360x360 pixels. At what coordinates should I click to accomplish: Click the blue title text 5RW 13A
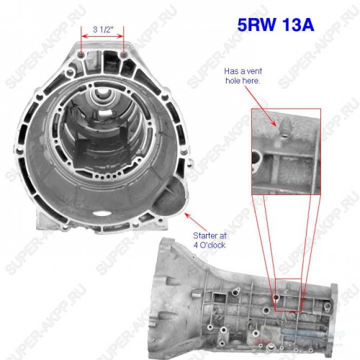[x=276, y=24]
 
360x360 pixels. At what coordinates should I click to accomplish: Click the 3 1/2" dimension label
[x=103, y=30]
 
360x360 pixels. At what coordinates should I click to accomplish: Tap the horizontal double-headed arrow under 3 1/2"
[x=102, y=37]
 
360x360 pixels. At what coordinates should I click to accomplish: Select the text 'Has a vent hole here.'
[x=243, y=76]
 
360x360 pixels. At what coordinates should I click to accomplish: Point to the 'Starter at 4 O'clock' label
[x=210, y=240]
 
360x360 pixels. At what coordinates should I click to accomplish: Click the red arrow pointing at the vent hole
[x=261, y=106]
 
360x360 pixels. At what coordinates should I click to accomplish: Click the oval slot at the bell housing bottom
[x=101, y=213]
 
